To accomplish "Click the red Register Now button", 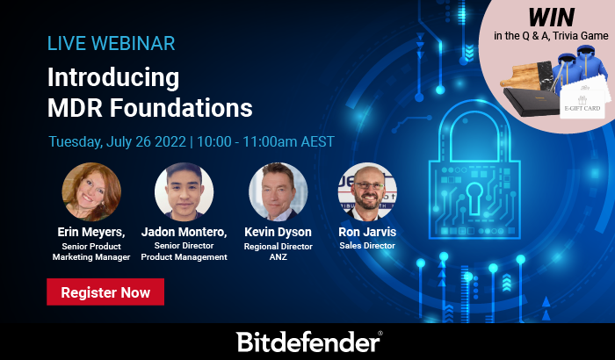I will click(105, 292).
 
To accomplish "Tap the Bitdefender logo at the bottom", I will click(308, 342).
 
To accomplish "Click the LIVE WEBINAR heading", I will click(111, 43).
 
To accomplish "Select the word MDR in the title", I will click(78, 107).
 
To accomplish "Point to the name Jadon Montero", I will click(184, 232).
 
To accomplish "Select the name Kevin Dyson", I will click(279, 232).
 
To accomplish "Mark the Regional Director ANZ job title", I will click(279, 252).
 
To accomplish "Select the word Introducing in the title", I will click(113, 77).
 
